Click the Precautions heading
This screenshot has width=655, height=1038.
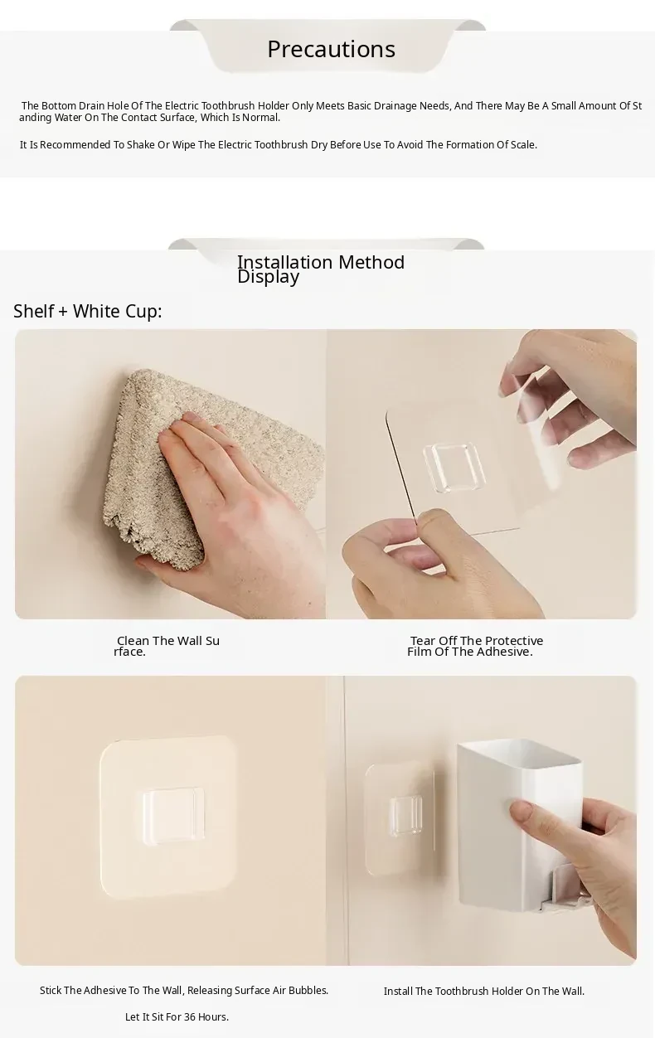[x=331, y=49]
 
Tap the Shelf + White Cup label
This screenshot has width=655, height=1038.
[x=88, y=311]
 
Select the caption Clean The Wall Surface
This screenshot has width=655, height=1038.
[x=167, y=646]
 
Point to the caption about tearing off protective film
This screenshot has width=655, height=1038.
[x=475, y=646]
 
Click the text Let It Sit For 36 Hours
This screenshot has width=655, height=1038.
[x=177, y=1016]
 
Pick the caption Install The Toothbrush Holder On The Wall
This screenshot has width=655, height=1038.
[x=484, y=991]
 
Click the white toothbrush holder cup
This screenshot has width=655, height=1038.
[x=519, y=825]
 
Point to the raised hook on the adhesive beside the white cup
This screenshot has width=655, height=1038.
[x=405, y=816]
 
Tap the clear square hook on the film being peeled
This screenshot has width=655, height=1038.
[x=454, y=467]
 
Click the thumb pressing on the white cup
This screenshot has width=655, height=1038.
[x=526, y=817]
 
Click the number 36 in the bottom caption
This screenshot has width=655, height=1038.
[x=190, y=1016]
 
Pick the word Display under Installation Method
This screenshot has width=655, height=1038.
[x=269, y=278]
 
